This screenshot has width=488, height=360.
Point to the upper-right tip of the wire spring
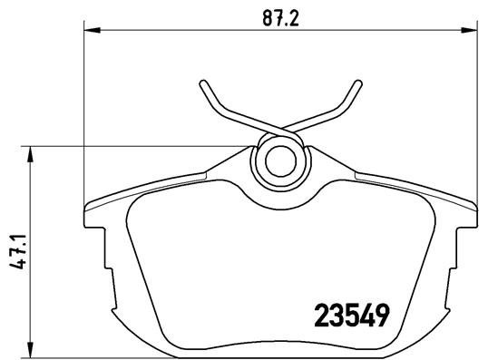click(x=350, y=84)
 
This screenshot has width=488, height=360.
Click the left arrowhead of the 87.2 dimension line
click(x=91, y=30)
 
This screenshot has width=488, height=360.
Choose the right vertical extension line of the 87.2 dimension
click(x=474, y=118)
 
